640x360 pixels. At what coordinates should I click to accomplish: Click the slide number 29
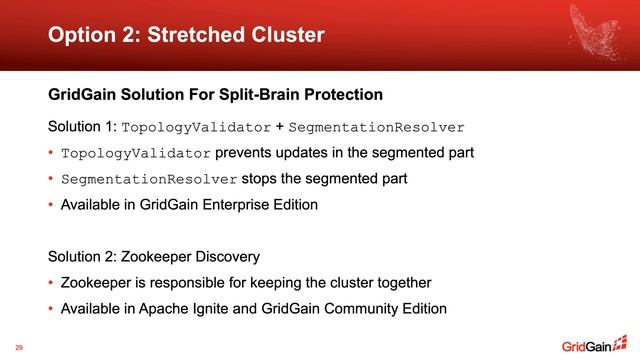coord(19,347)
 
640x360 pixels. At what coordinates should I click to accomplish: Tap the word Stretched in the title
coord(194,35)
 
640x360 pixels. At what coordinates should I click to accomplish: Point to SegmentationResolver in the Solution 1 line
coord(377,129)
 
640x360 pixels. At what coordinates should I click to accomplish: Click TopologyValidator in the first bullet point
coord(136,154)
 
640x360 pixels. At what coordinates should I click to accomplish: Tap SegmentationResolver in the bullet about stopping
coord(149,180)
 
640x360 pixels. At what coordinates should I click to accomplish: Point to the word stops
coord(261,179)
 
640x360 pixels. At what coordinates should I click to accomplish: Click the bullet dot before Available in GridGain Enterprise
coord(52,206)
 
